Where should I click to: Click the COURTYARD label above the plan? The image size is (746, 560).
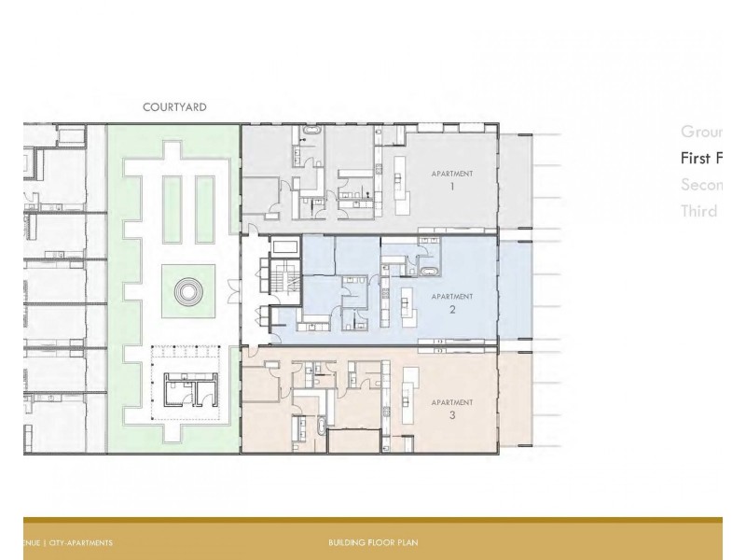click(174, 107)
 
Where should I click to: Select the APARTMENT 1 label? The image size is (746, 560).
click(452, 180)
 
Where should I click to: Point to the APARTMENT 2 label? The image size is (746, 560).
click(452, 302)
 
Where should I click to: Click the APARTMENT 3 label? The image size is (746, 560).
click(452, 409)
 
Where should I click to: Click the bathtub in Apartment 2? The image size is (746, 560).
click(431, 273)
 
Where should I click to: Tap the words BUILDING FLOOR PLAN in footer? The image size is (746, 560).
click(373, 542)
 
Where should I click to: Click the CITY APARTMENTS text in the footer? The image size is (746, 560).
click(81, 542)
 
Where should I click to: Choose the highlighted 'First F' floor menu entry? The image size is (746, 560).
click(698, 158)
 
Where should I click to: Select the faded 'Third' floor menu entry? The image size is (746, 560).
click(698, 211)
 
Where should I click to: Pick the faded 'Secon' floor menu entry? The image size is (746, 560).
click(698, 185)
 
